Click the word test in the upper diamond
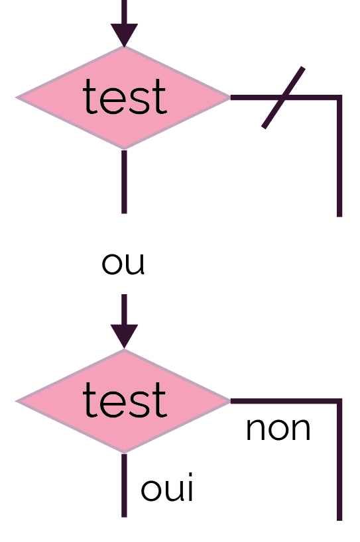125,97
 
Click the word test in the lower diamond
125,400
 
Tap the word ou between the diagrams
123,264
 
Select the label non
278,429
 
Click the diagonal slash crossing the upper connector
283,97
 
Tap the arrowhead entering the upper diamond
124,35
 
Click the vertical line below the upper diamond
124,182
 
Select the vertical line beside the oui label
124,485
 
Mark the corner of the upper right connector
339,97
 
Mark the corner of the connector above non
339,401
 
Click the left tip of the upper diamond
16,97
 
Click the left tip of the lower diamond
16,401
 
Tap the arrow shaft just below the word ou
124,309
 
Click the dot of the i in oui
190,475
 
